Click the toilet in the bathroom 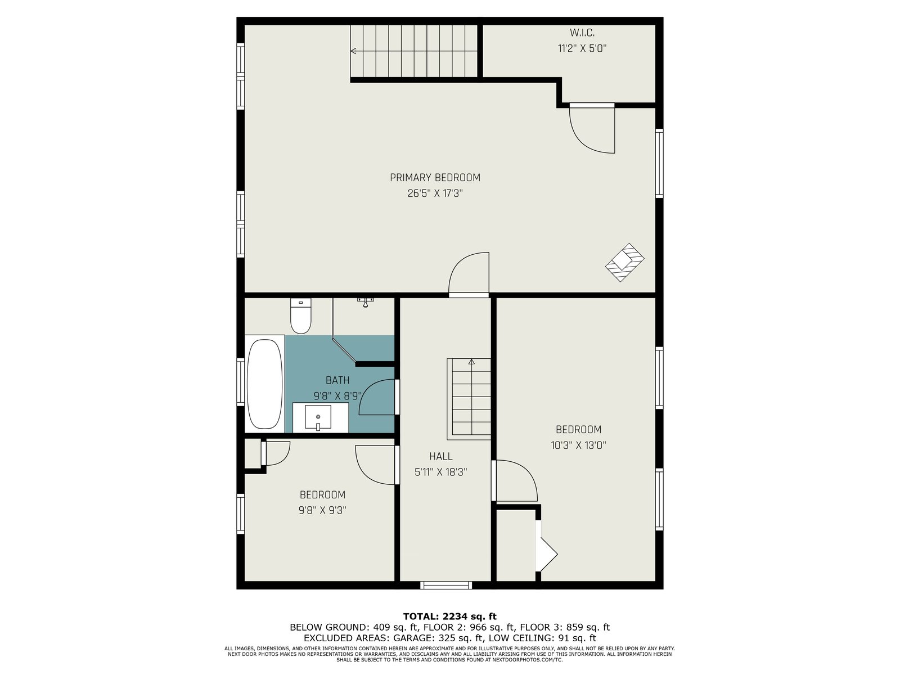[300, 316]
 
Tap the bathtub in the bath [264, 384]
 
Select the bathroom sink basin [318, 417]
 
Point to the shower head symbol [364, 303]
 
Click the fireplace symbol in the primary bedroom [624, 262]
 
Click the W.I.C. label [582, 33]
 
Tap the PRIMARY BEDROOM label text [435, 177]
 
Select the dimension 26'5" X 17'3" [435, 193]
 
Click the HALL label [441, 456]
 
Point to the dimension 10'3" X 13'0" [578, 445]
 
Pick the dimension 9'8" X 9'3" [322, 510]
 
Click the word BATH [337, 380]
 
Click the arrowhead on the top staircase [353, 51]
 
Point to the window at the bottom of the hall [446, 585]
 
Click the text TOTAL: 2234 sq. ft [449, 616]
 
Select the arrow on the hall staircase [471, 397]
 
